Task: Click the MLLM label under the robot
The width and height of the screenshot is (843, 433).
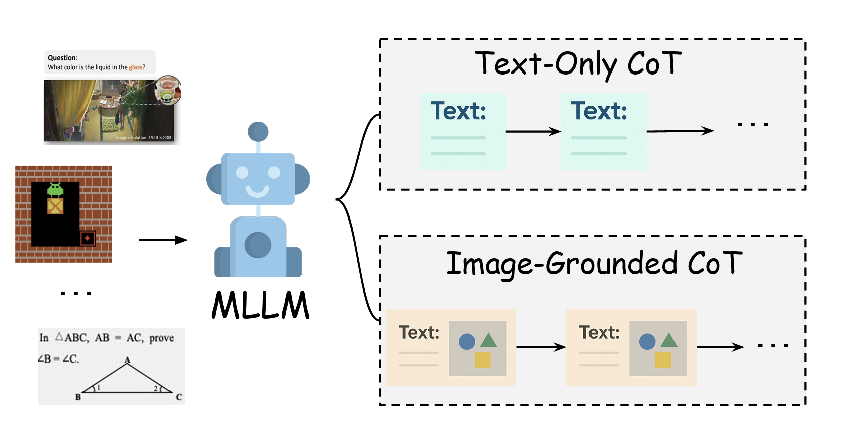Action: tap(261, 305)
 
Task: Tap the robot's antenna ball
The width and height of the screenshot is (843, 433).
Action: tap(258, 132)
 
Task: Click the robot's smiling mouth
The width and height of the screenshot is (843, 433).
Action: tap(258, 191)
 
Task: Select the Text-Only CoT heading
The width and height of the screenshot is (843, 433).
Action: tap(578, 64)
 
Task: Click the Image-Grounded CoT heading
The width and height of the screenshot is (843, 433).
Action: tap(594, 264)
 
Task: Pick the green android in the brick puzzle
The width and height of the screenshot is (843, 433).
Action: tap(55, 189)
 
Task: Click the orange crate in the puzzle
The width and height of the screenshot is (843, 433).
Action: tap(55, 206)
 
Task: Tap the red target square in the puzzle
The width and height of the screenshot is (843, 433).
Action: tap(88, 238)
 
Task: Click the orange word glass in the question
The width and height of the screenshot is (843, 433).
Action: tap(136, 67)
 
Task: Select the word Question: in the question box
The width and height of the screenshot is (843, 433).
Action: tap(63, 58)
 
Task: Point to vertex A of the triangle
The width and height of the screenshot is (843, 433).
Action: tap(128, 360)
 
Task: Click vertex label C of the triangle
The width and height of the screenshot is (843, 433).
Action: tap(179, 397)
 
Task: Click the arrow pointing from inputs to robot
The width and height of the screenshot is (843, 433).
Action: tap(162, 240)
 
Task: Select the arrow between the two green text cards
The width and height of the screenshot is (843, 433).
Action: tap(533, 132)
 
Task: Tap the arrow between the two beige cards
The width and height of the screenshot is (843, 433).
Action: tap(541, 347)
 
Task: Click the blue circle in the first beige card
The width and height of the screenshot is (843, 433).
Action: tap(467, 342)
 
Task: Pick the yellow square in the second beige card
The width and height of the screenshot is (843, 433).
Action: tap(663, 360)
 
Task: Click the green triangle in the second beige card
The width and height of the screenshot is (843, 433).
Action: tap(669, 341)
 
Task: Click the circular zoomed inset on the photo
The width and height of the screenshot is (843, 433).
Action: tap(168, 90)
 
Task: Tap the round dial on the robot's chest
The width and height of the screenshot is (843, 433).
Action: tap(258, 245)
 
